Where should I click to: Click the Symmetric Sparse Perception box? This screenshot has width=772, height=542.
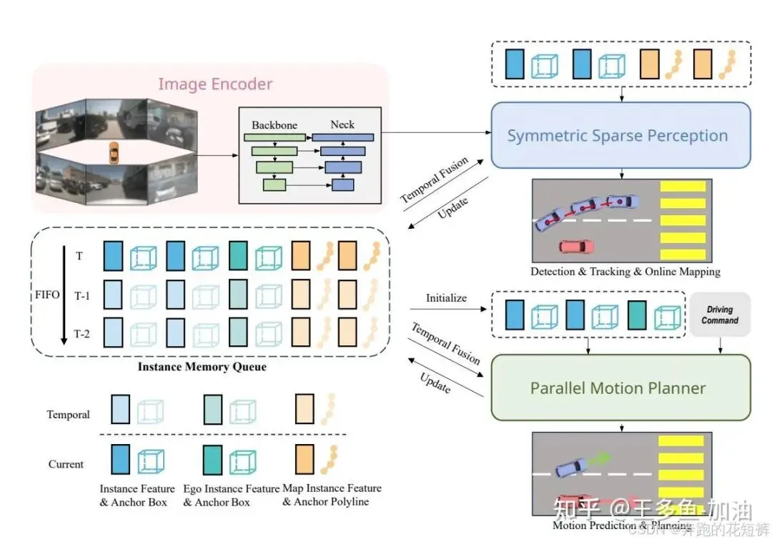pyautogui.click(x=620, y=135)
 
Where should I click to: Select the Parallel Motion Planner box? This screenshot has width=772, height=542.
pyautogui.click(x=620, y=388)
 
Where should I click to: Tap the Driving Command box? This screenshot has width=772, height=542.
pyautogui.click(x=720, y=315)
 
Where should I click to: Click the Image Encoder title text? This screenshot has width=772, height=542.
pyautogui.click(x=215, y=84)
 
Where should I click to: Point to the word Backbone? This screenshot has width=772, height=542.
pyautogui.click(x=274, y=124)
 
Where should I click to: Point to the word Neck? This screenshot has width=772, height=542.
pyautogui.click(x=342, y=124)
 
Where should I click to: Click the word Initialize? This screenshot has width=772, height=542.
pyautogui.click(x=446, y=297)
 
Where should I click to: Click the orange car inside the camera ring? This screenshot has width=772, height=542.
pyautogui.click(x=113, y=152)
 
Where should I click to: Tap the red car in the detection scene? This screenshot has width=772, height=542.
pyautogui.click(x=576, y=247)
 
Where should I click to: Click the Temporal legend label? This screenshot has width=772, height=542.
pyautogui.click(x=69, y=414)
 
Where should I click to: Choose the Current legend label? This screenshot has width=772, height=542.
pyautogui.click(x=66, y=464)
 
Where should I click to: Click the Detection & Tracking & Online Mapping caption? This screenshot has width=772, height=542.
pyautogui.click(x=625, y=272)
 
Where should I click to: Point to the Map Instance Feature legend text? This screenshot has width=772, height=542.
pyautogui.click(x=332, y=494)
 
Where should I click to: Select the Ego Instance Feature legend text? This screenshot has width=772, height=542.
pyautogui.click(x=232, y=494)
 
